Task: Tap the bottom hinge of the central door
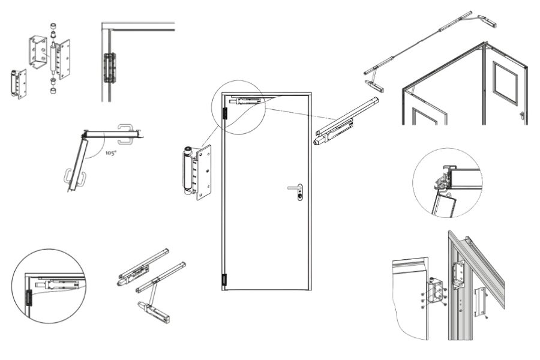[224, 280]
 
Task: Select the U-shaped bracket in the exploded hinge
[38, 52]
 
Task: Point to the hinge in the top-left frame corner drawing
[109, 67]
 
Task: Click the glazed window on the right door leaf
[503, 83]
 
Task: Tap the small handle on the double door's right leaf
[522, 115]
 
